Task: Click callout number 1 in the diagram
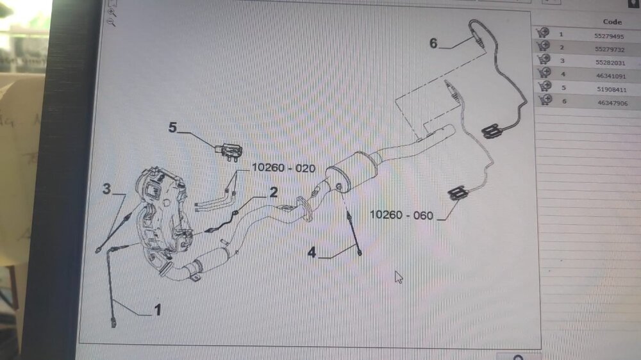coord(156,311)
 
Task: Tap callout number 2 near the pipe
coord(273,192)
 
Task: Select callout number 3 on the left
coord(107,189)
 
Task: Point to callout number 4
coord(312,253)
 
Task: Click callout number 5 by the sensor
coord(172,127)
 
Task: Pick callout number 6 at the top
coord(434,44)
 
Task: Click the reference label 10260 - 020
coord(283,168)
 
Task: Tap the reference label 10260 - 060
coord(401,214)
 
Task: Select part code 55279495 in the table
coord(610,36)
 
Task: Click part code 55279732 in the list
coord(610,49)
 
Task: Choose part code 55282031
coord(610,62)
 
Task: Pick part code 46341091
coord(610,75)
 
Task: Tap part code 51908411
coord(610,88)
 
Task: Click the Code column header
coord(612,22)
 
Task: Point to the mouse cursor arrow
coord(398,276)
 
